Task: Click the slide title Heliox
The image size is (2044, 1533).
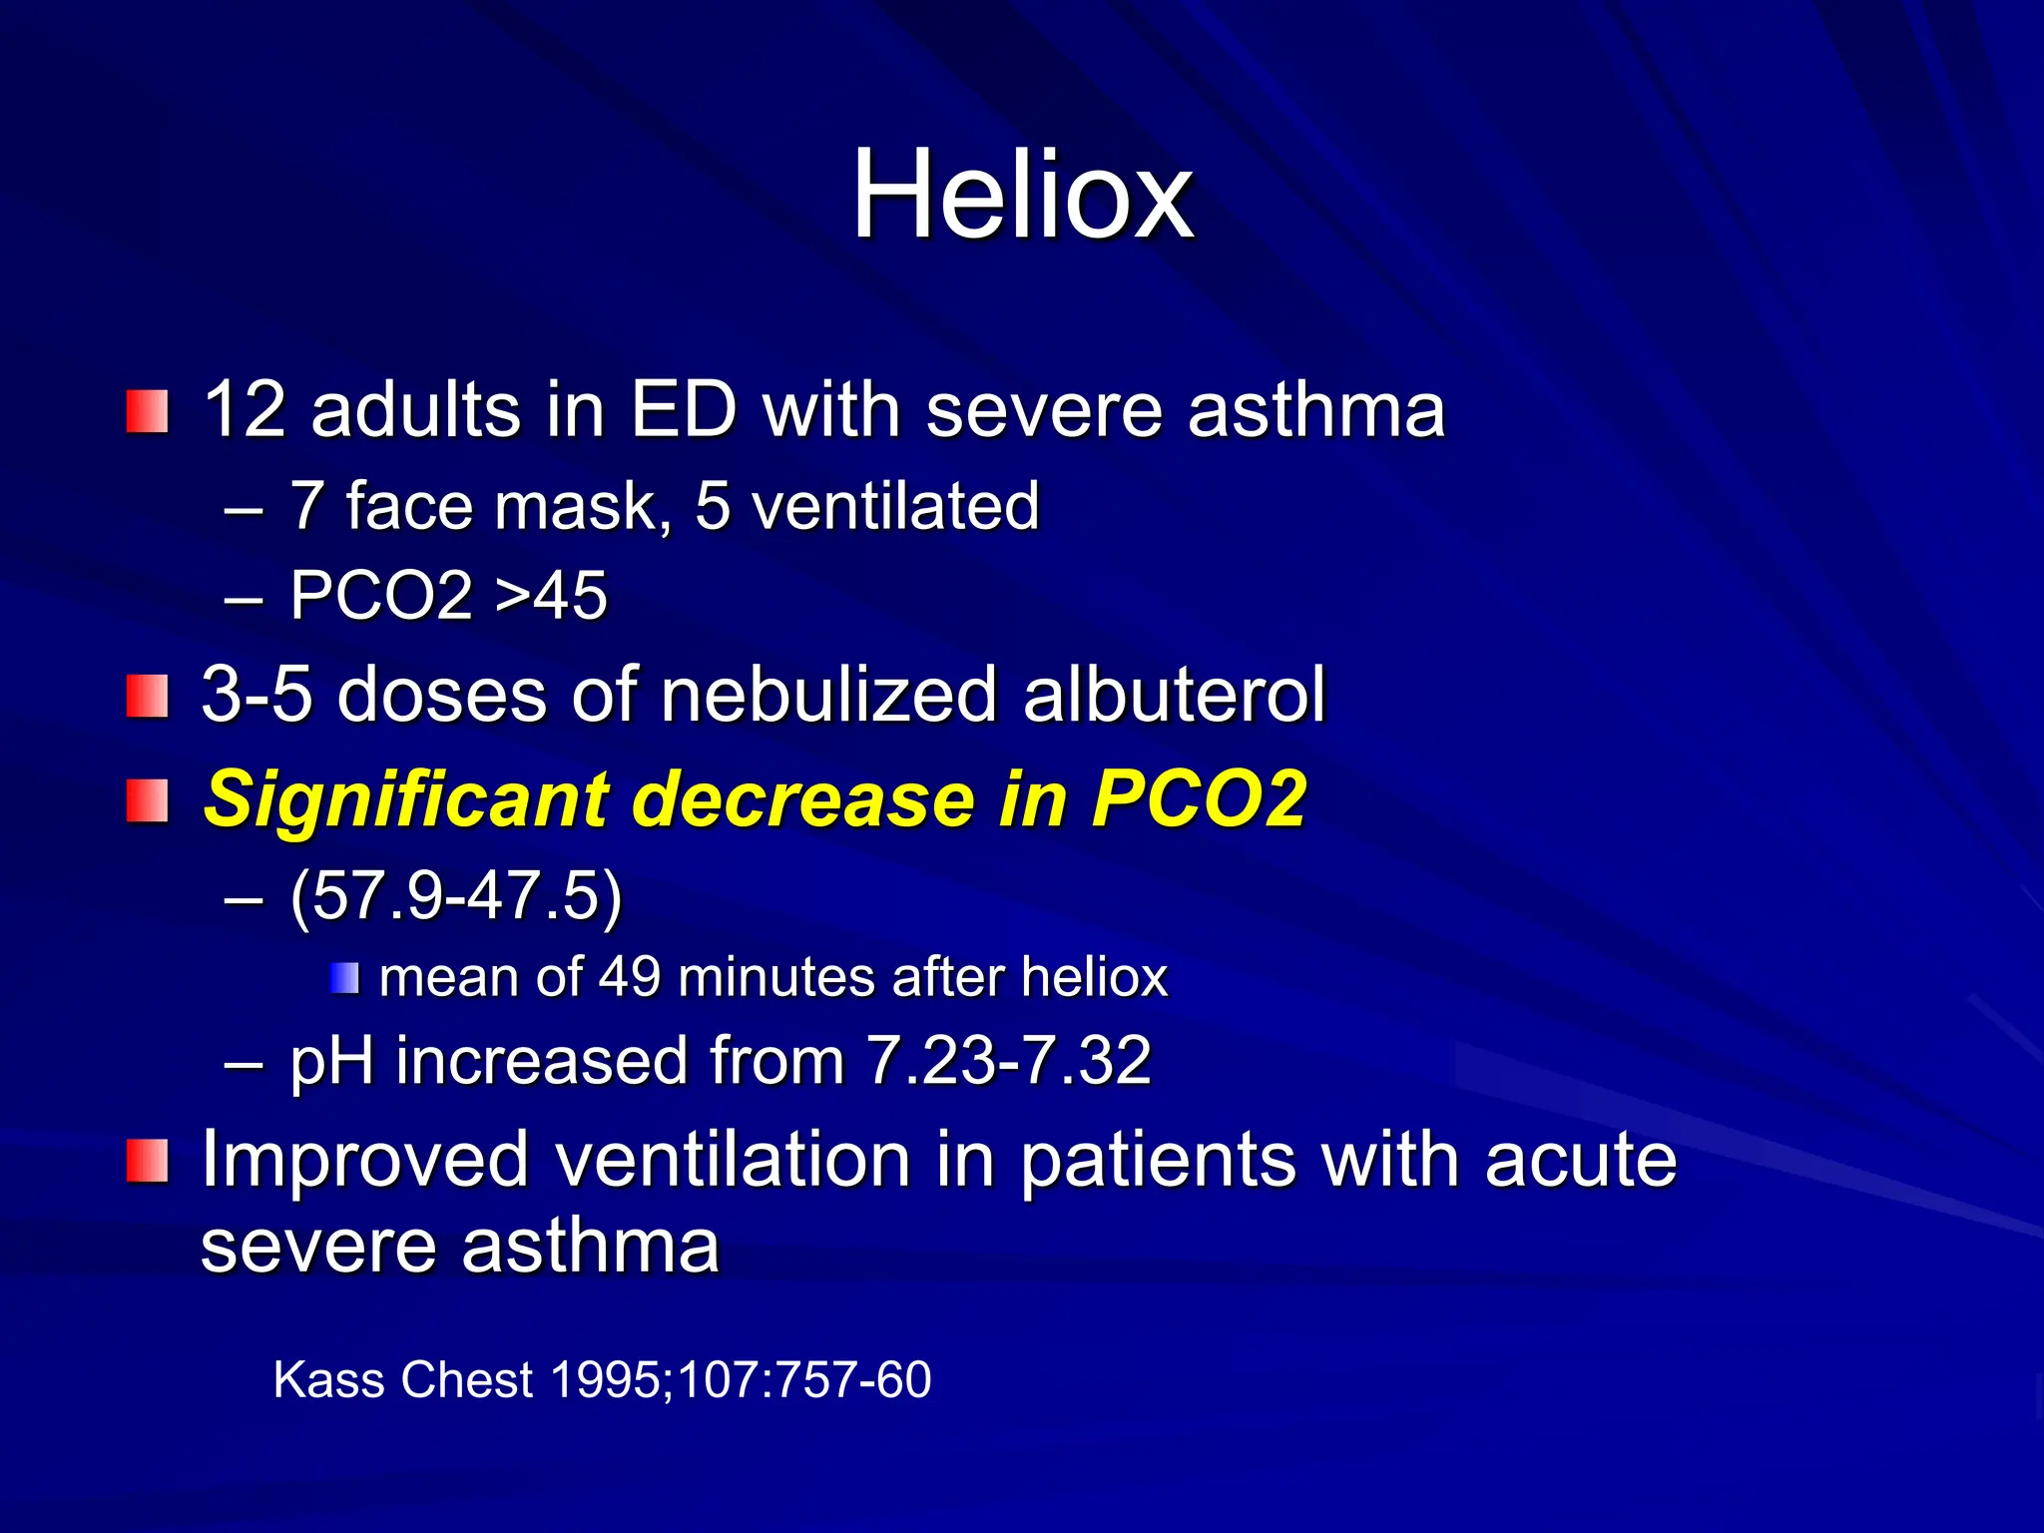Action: (1022, 194)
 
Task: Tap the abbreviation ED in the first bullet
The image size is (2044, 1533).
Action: (683, 410)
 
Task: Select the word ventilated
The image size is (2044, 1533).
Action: (895, 506)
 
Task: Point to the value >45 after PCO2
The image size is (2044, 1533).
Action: (552, 596)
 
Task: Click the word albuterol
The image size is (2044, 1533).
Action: (1175, 694)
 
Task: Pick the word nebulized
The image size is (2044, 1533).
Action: (829, 694)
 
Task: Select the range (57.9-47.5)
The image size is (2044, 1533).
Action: (456, 895)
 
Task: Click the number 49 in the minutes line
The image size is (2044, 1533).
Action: (629, 977)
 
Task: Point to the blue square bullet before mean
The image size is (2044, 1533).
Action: (344, 978)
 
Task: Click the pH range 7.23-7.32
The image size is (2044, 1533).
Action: (1008, 1060)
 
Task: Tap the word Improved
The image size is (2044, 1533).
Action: (364, 1161)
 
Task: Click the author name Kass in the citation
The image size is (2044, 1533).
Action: (328, 1380)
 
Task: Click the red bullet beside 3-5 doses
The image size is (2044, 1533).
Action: (147, 696)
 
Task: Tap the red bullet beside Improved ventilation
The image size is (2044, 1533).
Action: (147, 1161)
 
